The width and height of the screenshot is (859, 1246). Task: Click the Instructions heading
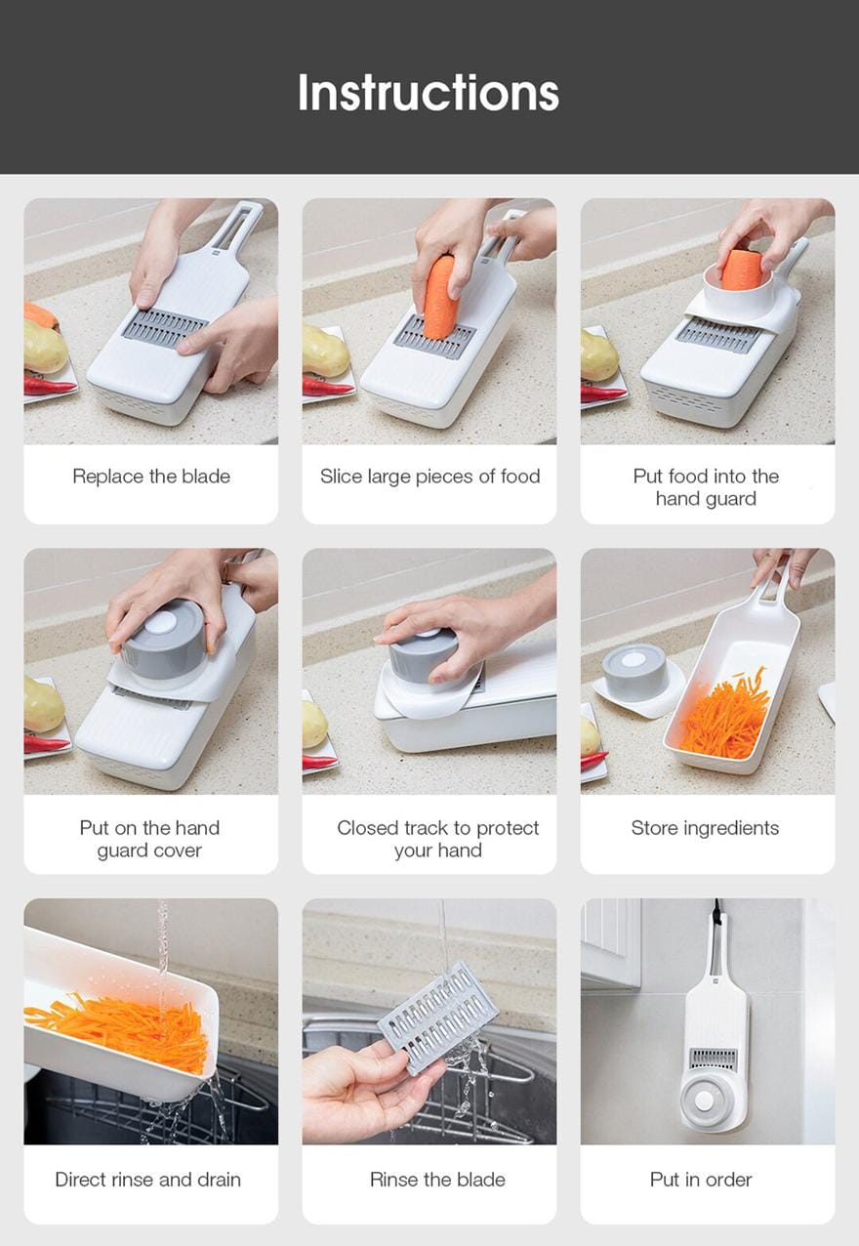click(x=429, y=93)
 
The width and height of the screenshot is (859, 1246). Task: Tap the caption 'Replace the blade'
click(x=151, y=477)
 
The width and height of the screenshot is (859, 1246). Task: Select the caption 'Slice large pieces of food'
click(x=429, y=477)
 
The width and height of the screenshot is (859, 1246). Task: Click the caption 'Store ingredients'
click(x=705, y=828)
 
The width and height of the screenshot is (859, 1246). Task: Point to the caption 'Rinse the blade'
click(x=437, y=1180)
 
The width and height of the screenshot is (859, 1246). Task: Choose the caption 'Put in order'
click(x=701, y=1180)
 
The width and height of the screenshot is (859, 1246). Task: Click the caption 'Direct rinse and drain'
click(x=148, y=1180)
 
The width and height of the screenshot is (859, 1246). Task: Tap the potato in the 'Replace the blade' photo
click(x=45, y=346)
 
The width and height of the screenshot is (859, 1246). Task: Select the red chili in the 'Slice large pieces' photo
click(x=328, y=386)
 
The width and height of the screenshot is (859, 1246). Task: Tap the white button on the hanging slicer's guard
click(x=705, y=1100)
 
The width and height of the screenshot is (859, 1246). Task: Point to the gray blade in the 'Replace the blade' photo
click(x=165, y=330)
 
